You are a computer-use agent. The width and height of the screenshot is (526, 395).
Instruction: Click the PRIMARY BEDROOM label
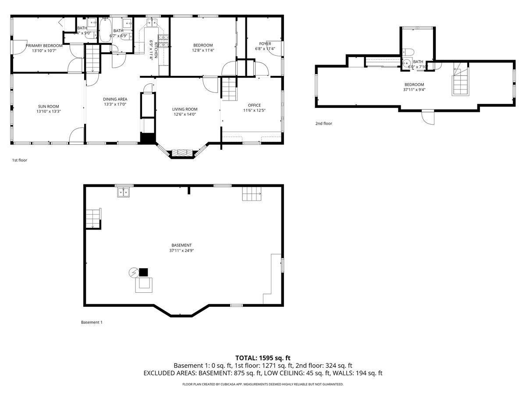(x=44, y=45)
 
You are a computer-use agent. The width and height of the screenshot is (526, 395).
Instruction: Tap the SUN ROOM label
(x=49, y=106)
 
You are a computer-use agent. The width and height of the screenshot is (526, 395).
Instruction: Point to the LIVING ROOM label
(x=185, y=109)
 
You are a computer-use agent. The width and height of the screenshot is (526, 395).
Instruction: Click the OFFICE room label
(x=254, y=105)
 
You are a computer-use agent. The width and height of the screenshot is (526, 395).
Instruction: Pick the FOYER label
(x=265, y=43)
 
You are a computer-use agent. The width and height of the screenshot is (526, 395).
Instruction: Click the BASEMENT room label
(x=181, y=245)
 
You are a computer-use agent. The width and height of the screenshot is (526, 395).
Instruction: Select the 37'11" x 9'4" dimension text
(x=414, y=90)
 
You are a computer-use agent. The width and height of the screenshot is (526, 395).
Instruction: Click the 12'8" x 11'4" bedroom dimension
(x=203, y=50)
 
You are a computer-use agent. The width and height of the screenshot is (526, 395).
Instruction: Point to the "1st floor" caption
(x=19, y=160)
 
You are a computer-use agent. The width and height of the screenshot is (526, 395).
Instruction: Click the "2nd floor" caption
(x=323, y=123)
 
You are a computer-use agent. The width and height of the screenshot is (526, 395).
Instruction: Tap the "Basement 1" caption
(x=92, y=322)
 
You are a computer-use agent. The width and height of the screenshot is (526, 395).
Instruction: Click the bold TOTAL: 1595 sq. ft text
(x=263, y=358)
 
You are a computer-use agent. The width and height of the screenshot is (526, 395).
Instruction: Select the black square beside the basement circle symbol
(x=144, y=272)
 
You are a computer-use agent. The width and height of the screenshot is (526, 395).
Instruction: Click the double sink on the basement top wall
(x=124, y=192)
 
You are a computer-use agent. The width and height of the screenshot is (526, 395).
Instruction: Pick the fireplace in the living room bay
(x=181, y=153)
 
